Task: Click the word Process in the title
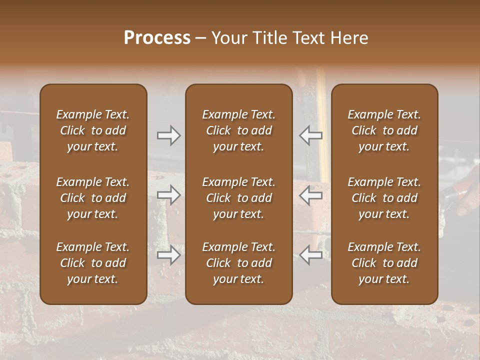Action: [x=157, y=37]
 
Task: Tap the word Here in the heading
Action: [x=349, y=38]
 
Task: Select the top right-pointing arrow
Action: [x=169, y=135]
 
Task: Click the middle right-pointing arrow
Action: [x=169, y=195]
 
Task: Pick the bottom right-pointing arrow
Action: [x=169, y=255]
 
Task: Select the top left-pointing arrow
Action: [x=310, y=135]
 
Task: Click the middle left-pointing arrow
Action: [x=310, y=195]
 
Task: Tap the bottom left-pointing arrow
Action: [x=310, y=255]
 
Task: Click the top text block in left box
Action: [x=93, y=130]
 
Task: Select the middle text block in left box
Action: [x=93, y=198]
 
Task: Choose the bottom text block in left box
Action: [x=93, y=263]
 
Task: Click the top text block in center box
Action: [x=239, y=130]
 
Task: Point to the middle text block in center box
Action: [x=239, y=198]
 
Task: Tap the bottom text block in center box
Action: [x=239, y=263]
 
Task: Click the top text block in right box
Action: [x=384, y=130]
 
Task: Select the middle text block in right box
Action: [x=384, y=198]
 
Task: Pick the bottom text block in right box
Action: [x=384, y=263]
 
